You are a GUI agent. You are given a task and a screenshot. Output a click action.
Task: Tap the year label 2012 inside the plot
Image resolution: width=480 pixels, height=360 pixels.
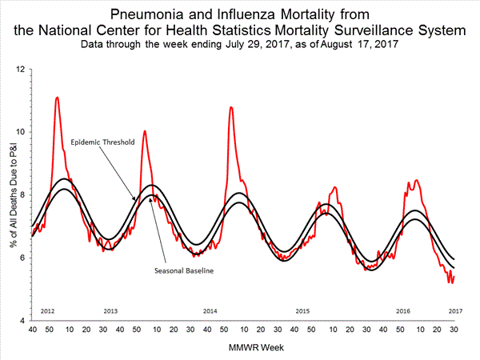tap(47, 310)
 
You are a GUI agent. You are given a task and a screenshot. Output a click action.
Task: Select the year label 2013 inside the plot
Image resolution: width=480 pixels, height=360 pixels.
tap(111, 310)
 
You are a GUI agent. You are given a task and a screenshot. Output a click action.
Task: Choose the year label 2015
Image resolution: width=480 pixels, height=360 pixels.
tap(302, 310)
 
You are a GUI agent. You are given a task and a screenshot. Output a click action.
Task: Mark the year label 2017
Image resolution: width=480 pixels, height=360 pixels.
tap(456, 310)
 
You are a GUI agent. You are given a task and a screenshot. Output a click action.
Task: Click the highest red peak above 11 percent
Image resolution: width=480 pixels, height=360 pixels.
tap(57, 98)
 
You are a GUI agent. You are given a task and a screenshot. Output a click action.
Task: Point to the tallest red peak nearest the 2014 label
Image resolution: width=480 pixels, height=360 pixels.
tap(231, 106)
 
